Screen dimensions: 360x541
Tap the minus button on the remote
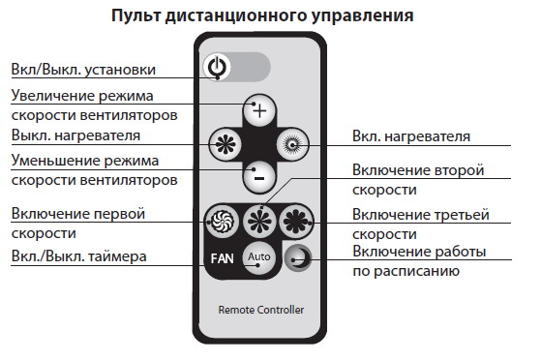tap(258, 176)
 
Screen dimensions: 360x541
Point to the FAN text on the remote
tap(223, 257)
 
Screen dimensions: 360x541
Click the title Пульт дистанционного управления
tap(262, 16)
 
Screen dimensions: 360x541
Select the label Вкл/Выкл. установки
tap(82, 70)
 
